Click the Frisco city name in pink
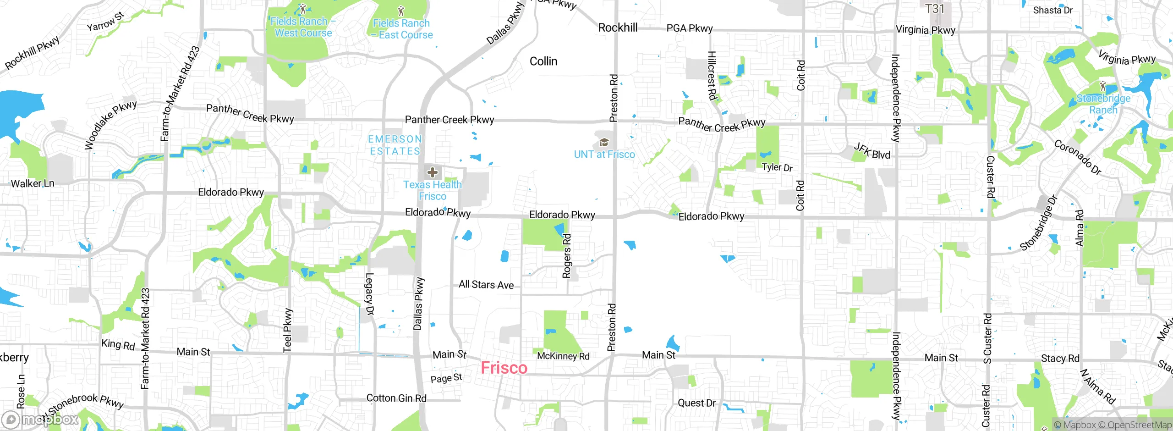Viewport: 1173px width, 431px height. [x=504, y=368]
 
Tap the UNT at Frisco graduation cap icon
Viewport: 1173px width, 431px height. [x=604, y=143]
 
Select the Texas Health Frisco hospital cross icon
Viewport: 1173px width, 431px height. [x=432, y=173]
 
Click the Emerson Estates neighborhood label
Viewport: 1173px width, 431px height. [x=395, y=145]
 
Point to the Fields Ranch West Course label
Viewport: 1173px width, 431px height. [x=303, y=27]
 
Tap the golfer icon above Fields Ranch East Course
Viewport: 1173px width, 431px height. [x=401, y=10]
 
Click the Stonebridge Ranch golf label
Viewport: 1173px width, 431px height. [x=1103, y=104]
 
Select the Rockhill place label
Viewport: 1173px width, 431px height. [x=618, y=28]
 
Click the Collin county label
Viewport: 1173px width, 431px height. [x=543, y=61]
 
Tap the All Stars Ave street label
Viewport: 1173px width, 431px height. [x=486, y=285]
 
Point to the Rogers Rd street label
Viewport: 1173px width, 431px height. [x=567, y=256]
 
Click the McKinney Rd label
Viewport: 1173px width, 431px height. [x=563, y=356]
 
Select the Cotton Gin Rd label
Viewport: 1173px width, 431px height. [x=396, y=398]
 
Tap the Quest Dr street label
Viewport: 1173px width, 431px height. [x=696, y=403]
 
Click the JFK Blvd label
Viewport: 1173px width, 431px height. [x=872, y=151]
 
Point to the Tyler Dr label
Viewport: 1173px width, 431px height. [x=777, y=167]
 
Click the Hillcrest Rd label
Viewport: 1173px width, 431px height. [x=712, y=76]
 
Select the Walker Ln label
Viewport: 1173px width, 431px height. [x=33, y=183]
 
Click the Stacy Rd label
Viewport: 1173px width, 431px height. [x=1060, y=358]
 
